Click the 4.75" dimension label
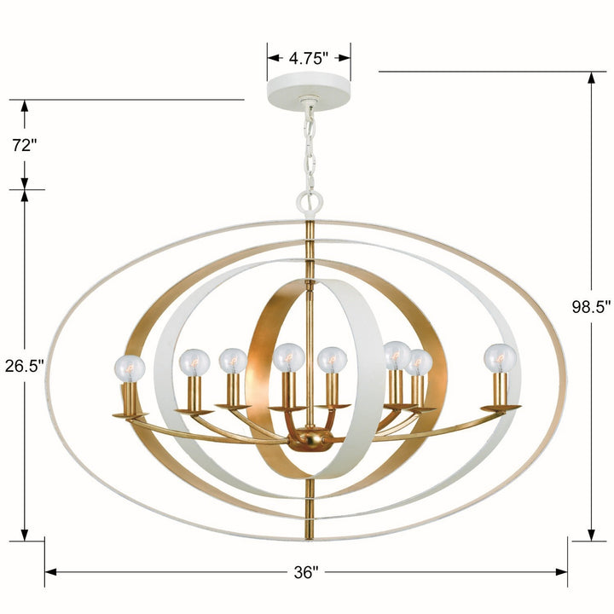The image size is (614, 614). tap(309, 58)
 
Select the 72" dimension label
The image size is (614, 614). tap(25, 145)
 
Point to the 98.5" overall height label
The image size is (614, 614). tap(592, 307)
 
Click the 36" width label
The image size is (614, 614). tap(305, 572)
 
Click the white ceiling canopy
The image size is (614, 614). tap(309, 90)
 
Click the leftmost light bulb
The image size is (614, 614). tap(130, 368)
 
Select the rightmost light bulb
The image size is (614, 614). tap(500, 357)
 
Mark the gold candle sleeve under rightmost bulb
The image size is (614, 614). tap(500, 391)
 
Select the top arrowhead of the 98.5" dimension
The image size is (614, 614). tap(592, 78)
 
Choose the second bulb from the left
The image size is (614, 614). tap(194, 363)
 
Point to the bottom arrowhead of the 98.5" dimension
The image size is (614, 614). tap(592, 534)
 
